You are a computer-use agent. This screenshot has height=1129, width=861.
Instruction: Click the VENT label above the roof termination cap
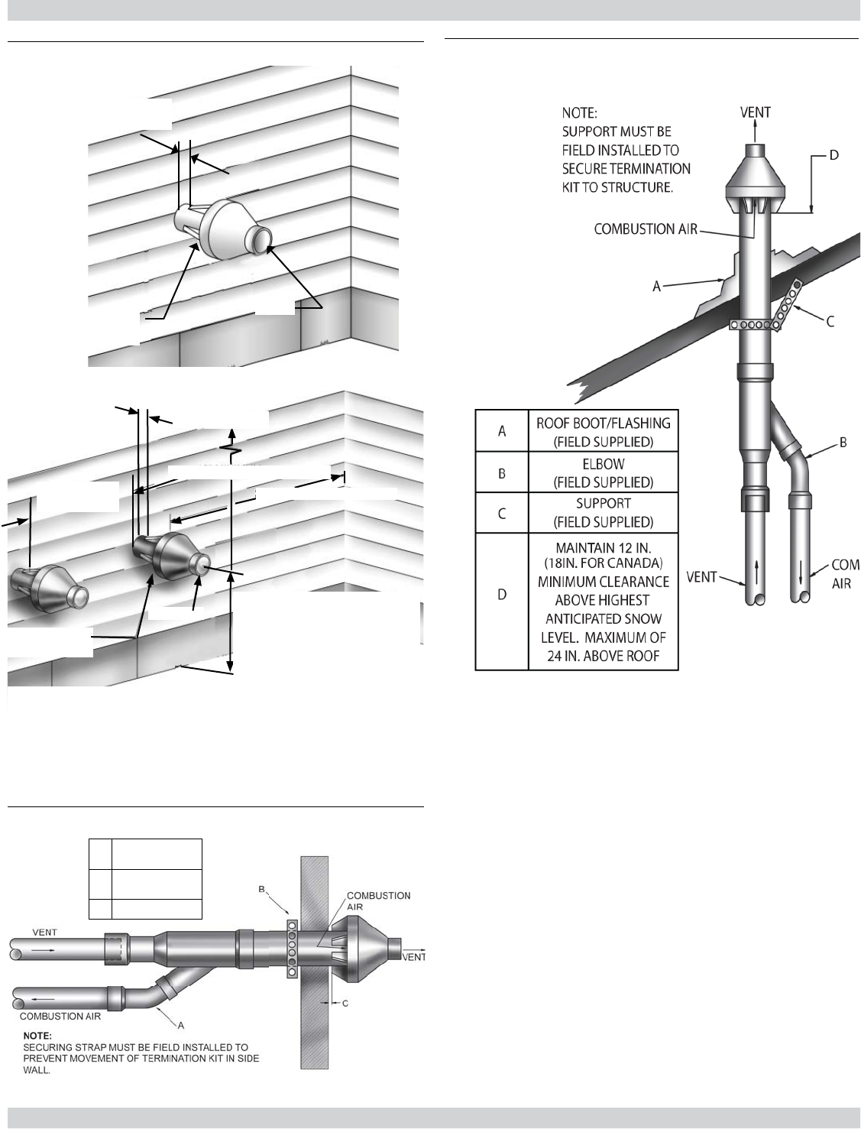pos(755,112)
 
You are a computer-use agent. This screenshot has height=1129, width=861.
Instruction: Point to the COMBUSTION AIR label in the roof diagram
pos(646,229)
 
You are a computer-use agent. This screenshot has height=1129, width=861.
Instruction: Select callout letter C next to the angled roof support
pos(830,322)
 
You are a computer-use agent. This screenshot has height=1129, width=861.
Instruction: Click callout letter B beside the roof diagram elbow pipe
pos(843,442)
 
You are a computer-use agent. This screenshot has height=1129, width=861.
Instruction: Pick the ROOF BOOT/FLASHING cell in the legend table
pos(603,431)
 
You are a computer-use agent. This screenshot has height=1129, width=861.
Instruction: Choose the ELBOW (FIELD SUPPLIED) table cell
pos(603,472)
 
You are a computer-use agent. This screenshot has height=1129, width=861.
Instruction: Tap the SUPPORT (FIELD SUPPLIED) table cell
pos(603,513)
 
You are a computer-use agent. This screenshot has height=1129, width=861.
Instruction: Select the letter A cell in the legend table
pos(502,431)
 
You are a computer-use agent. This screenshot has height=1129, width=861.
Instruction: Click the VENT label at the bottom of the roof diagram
pos(701,577)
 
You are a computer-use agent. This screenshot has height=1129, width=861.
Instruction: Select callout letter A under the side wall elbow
pos(181,1024)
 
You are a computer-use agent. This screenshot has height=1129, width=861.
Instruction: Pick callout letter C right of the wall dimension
pos(345,1004)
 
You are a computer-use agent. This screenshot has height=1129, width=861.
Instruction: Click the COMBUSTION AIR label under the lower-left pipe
pos(60,1016)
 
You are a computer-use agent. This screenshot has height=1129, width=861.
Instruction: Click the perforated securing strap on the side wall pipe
pos(291,949)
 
